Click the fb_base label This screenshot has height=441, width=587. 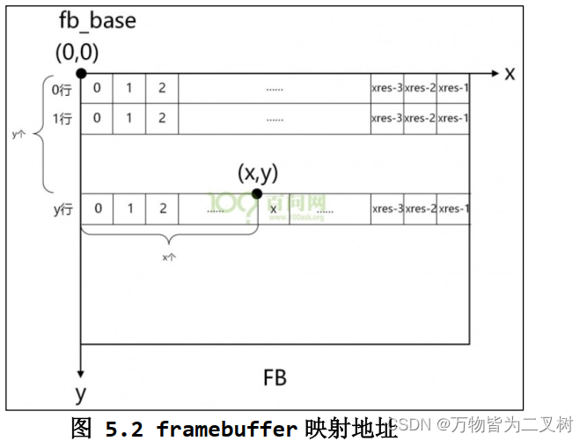click(x=98, y=20)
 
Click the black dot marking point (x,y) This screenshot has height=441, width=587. click(x=257, y=194)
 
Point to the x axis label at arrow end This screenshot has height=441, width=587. click(x=510, y=73)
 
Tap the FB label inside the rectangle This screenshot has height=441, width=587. click(x=275, y=379)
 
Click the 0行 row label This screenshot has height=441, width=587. click(x=62, y=90)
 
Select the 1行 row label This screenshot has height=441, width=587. click(x=62, y=118)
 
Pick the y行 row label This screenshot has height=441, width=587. click(x=62, y=209)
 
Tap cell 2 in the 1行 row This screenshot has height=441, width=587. click(x=162, y=118)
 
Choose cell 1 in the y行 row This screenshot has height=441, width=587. click(x=129, y=209)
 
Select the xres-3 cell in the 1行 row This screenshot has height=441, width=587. click(x=387, y=118)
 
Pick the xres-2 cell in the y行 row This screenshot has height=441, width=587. click(x=421, y=209)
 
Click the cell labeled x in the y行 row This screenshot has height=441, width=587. click(x=274, y=209)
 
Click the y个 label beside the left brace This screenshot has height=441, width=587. click(x=18, y=136)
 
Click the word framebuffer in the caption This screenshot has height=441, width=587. click(x=226, y=429)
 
